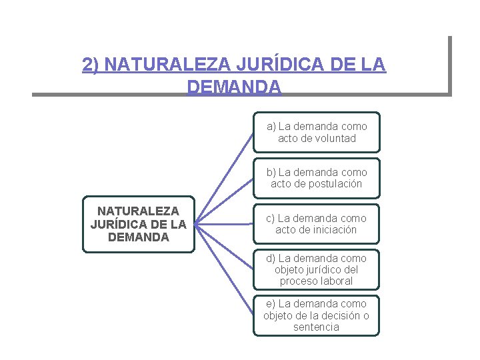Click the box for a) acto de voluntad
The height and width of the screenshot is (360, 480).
pos(317,132)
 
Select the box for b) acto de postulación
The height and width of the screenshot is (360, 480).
pos(317,178)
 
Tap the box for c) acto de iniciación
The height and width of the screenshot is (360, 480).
pos(317,224)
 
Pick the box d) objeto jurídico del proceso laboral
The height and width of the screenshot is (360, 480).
pos(317,269)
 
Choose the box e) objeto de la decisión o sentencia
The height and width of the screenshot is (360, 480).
pos(317,315)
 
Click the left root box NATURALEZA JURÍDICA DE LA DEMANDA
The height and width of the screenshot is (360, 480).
pos(138,224)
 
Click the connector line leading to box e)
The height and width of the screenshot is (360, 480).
pos(225,271)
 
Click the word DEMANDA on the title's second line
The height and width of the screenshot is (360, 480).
pos(234,87)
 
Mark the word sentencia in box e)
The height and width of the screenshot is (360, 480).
pos(316,327)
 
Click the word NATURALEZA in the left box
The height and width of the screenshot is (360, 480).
pos(138,211)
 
